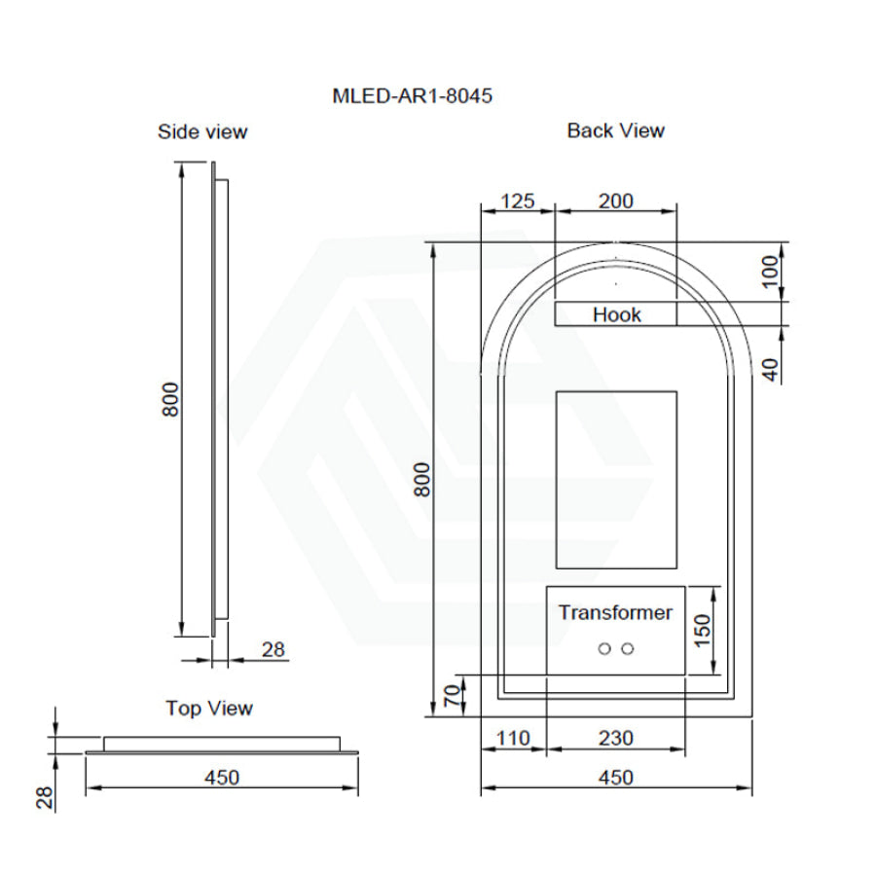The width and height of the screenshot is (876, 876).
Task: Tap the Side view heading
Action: tap(202, 131)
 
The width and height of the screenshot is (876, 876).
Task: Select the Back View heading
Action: tap(616, 130)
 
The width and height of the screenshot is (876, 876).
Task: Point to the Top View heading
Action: tap(209, 709)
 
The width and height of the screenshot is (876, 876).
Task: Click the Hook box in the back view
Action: tap(616, 314)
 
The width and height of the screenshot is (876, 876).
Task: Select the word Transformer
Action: tap(615, 612)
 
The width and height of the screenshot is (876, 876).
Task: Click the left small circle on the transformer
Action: tap(604, 649)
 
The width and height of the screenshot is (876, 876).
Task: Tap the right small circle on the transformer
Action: tap(628, 649)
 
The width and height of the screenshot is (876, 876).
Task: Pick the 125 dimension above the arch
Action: tap(518, 201)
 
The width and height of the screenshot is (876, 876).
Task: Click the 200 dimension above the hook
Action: tap(616, 201)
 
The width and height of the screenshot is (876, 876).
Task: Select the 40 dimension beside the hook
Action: tap(771, 370)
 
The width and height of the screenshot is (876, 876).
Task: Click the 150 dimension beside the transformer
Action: tap(703, 630)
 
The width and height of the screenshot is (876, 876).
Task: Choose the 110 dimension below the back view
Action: tap(513, 739)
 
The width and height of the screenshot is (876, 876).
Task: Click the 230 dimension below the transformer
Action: tap(616, 739)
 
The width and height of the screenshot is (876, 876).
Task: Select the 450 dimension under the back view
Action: tap(616, 778)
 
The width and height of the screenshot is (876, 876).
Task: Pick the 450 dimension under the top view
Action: tap(221, 778)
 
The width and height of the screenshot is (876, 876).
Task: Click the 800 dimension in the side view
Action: tap(170, 399)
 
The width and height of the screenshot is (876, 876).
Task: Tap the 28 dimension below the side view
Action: tap(274, 649)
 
